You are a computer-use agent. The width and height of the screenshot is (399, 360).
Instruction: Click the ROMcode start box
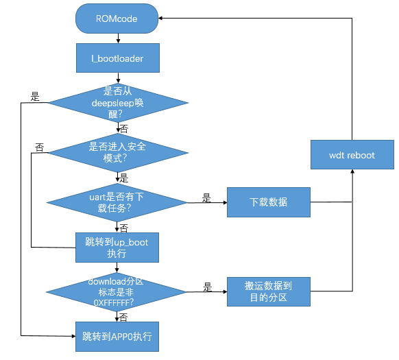coord(117,19)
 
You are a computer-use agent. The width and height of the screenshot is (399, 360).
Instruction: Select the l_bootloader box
coord(117,58)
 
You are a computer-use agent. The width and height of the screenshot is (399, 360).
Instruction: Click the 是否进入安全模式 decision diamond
coord(117,152)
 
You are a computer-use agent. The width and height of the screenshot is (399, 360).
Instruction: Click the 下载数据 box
coord(268,202)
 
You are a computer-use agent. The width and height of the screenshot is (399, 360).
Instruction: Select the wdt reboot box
coord(352,155)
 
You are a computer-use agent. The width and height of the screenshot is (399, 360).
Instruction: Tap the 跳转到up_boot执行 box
coord(117,248)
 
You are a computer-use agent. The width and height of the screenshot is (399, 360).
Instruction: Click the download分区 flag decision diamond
coord(117,291)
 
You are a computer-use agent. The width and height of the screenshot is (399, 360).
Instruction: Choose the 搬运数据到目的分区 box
coord(268,291)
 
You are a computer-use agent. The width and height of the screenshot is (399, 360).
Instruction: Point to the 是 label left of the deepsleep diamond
coord(34,95)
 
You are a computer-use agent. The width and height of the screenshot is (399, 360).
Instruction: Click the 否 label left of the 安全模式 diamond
coord(39,146)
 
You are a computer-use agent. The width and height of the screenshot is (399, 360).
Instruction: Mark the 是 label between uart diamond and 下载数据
coord(206,197)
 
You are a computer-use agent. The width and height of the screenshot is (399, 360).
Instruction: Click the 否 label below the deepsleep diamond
coord(123,129)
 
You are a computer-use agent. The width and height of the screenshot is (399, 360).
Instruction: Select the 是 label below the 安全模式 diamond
coord(123,177)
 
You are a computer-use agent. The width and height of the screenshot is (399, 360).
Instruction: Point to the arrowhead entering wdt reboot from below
coord(352,171)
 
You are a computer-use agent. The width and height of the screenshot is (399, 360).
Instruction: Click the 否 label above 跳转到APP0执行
coord(123,316)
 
